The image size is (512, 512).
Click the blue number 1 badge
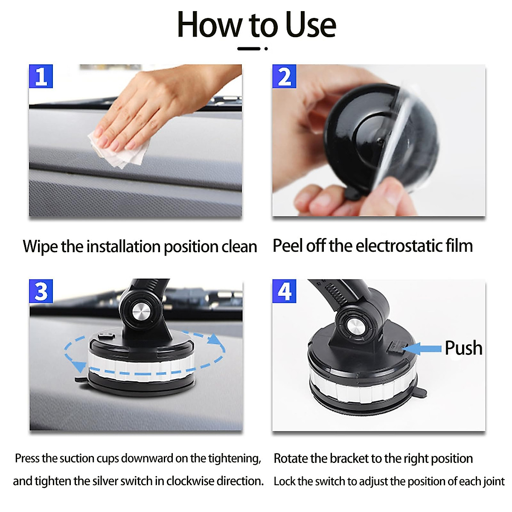click(x=41, y=76)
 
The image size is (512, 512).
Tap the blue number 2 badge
click(x=284, y=76)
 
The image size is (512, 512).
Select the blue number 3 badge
click(x=41, y=291)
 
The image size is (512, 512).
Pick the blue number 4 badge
click(x=284, y=291)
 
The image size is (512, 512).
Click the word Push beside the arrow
click(x=463, y=348)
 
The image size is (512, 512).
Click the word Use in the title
click(x=310, y=25)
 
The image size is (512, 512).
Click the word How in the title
click(x=209, y=25)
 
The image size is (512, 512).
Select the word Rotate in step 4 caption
click(x=291, y=458)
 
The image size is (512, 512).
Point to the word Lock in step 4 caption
click(x=284, y=481)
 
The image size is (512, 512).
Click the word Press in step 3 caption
click(x=27, y=458)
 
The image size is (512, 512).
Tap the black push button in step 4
click(x=395, y=348)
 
